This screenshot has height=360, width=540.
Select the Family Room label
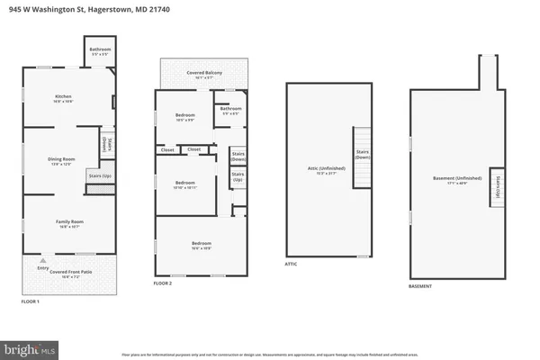click(63, 223)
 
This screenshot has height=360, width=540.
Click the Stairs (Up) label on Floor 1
click(100, 176)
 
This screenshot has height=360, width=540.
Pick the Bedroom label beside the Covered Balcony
click(184, 117)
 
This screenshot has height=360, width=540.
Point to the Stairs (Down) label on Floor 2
click(238, 155)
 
